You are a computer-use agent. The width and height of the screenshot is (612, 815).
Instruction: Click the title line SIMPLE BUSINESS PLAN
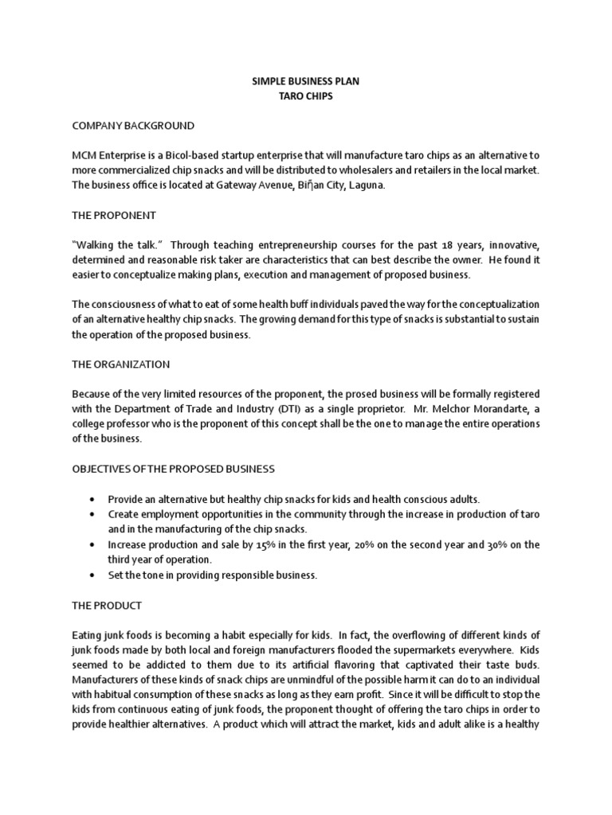(305, 81)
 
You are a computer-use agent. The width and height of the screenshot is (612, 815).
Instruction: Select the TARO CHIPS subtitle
(305, 96)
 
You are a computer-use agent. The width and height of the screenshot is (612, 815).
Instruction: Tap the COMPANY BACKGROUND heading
(132, 126)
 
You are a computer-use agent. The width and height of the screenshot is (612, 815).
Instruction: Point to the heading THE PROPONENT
(114, 215)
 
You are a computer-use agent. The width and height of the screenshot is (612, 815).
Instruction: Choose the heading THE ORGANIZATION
(120, 364)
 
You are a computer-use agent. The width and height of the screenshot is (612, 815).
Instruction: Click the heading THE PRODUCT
(107, 605)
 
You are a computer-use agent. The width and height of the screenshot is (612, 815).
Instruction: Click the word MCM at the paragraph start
(84, 156)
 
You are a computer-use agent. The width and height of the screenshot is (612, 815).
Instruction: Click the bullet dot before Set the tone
(93, 575)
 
